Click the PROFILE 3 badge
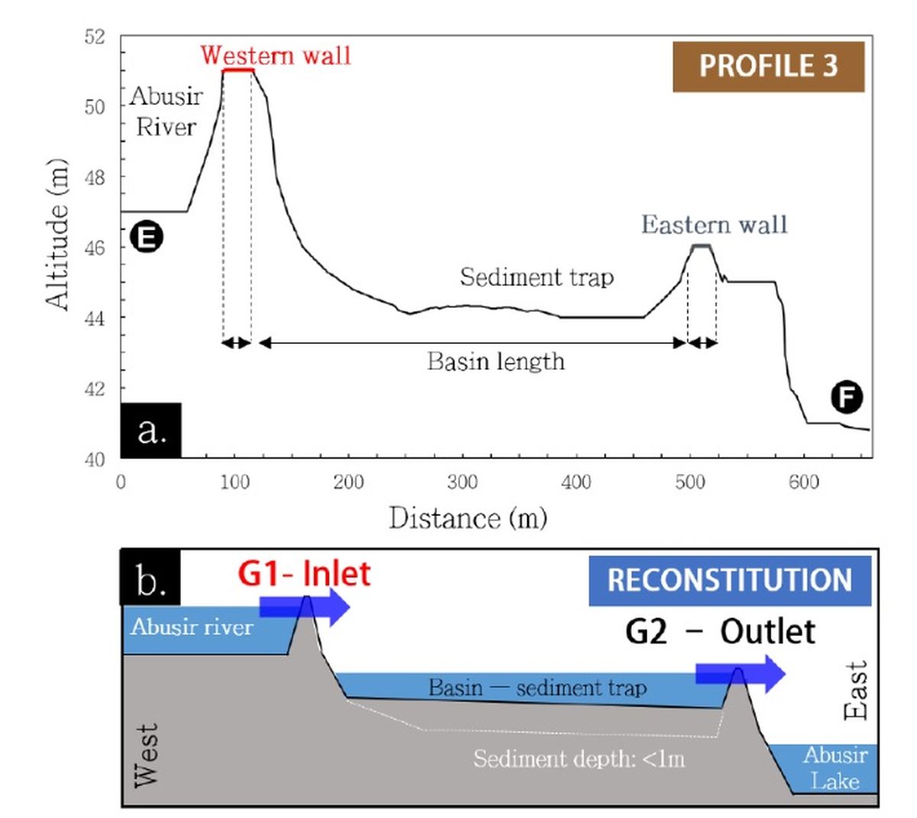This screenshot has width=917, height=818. (768, 67)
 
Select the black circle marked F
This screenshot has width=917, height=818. (847, 398)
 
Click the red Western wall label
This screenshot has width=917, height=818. (275, 56)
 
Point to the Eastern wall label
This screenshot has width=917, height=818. (714, 225)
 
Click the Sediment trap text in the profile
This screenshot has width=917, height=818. (536, 277)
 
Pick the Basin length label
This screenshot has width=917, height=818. (496, 361)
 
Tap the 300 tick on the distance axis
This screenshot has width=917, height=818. (462, 482)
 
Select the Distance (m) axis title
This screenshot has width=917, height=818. (468, 518)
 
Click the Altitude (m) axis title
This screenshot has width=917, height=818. (58, 235)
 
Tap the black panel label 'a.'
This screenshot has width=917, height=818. (151, 430)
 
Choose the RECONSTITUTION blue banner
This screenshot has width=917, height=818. (730, 580)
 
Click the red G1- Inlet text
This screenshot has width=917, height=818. (304, 573)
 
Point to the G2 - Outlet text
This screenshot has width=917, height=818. (720, 631)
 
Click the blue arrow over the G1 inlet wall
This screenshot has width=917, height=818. (305, 607)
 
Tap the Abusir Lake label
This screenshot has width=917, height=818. (834, 768)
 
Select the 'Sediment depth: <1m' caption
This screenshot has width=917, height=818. (578, 759)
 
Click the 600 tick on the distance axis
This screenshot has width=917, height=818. (804, 482)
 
